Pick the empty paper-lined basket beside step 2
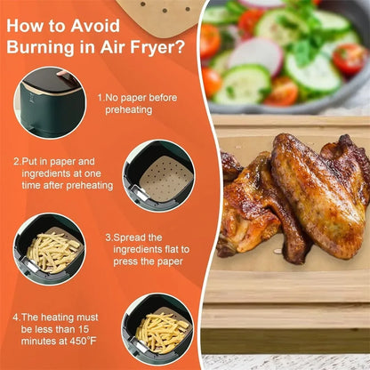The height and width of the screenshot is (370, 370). [159, 175]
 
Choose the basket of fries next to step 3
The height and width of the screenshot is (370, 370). [50, 249]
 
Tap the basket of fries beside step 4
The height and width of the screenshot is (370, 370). [157, 330]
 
